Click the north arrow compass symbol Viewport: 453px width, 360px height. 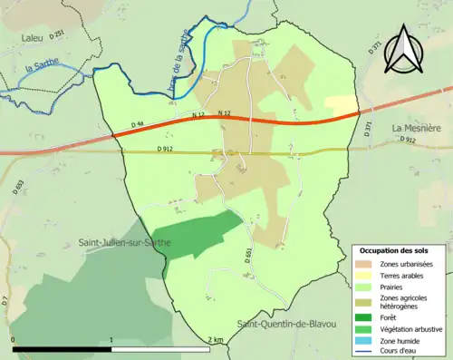pyautogui.click(x=403, y=50)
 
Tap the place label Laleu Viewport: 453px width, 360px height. pyautogui.click(x=34, y=36)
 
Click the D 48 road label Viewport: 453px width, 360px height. pyautogui.click(x=138, y=124)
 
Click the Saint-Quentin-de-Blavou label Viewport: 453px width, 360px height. pyautogui.click(x=286, y=324)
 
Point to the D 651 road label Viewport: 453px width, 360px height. pyautogui.click(x=246, y=257)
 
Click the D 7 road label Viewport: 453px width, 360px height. pyautogui.click(x=5, y=298)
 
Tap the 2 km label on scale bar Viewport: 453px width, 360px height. pyautogui.click(x=215, y=339)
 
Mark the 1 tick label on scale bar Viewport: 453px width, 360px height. pyautogui.click(x=111, y=339)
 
